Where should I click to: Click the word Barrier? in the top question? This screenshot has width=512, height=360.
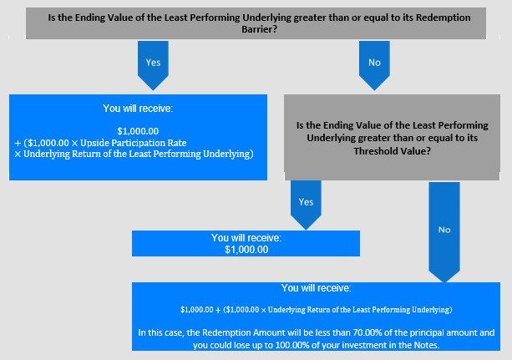point(259,29)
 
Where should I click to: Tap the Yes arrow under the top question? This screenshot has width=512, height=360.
point(153,65)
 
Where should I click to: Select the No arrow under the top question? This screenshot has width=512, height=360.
point(374,65)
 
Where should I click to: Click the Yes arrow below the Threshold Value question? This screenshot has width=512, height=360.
point(306,205)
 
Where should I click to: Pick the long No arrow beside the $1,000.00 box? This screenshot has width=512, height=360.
point(444,232)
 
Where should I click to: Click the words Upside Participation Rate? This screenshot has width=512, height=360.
point(134,143)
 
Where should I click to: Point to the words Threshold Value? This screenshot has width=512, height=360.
point(393,151)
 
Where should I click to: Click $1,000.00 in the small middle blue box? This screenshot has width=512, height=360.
point(246,250)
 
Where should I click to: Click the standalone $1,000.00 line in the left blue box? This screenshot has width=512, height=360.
point(138,131)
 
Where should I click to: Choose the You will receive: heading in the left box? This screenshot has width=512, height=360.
point(138,108)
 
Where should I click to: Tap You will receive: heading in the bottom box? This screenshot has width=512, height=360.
point(316,288)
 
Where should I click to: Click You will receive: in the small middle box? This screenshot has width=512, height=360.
point(246,237)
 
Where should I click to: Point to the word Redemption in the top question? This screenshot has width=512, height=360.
point(444,18)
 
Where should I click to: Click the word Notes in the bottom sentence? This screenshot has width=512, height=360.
point(427,345)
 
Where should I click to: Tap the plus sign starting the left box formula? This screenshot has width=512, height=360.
point(18,143)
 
